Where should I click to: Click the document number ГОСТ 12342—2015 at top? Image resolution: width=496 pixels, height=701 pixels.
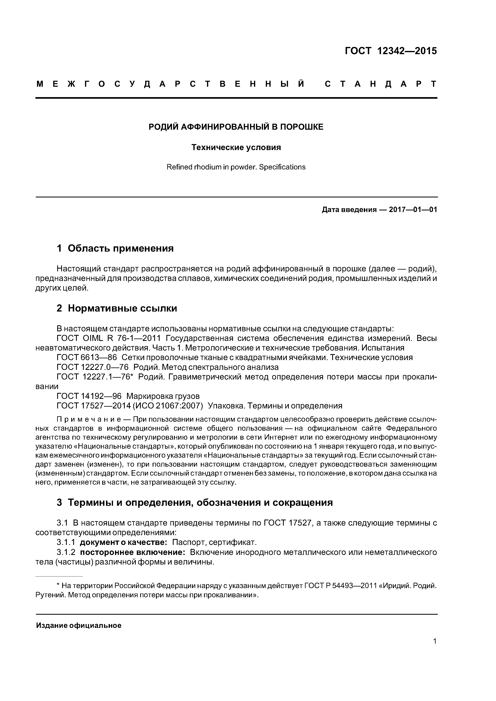(x=391, y=51)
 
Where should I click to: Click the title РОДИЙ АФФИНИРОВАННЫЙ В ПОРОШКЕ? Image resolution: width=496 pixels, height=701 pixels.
(x=236, y=127)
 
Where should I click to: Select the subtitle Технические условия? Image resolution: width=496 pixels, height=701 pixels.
(x=236, y=147)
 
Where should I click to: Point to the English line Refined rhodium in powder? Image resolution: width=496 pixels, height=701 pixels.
(x=236, y=167)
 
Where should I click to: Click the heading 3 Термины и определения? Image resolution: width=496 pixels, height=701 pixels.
(x=194, y=502)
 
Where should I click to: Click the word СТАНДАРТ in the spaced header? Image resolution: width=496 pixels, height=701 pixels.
(x=380, y=84)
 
